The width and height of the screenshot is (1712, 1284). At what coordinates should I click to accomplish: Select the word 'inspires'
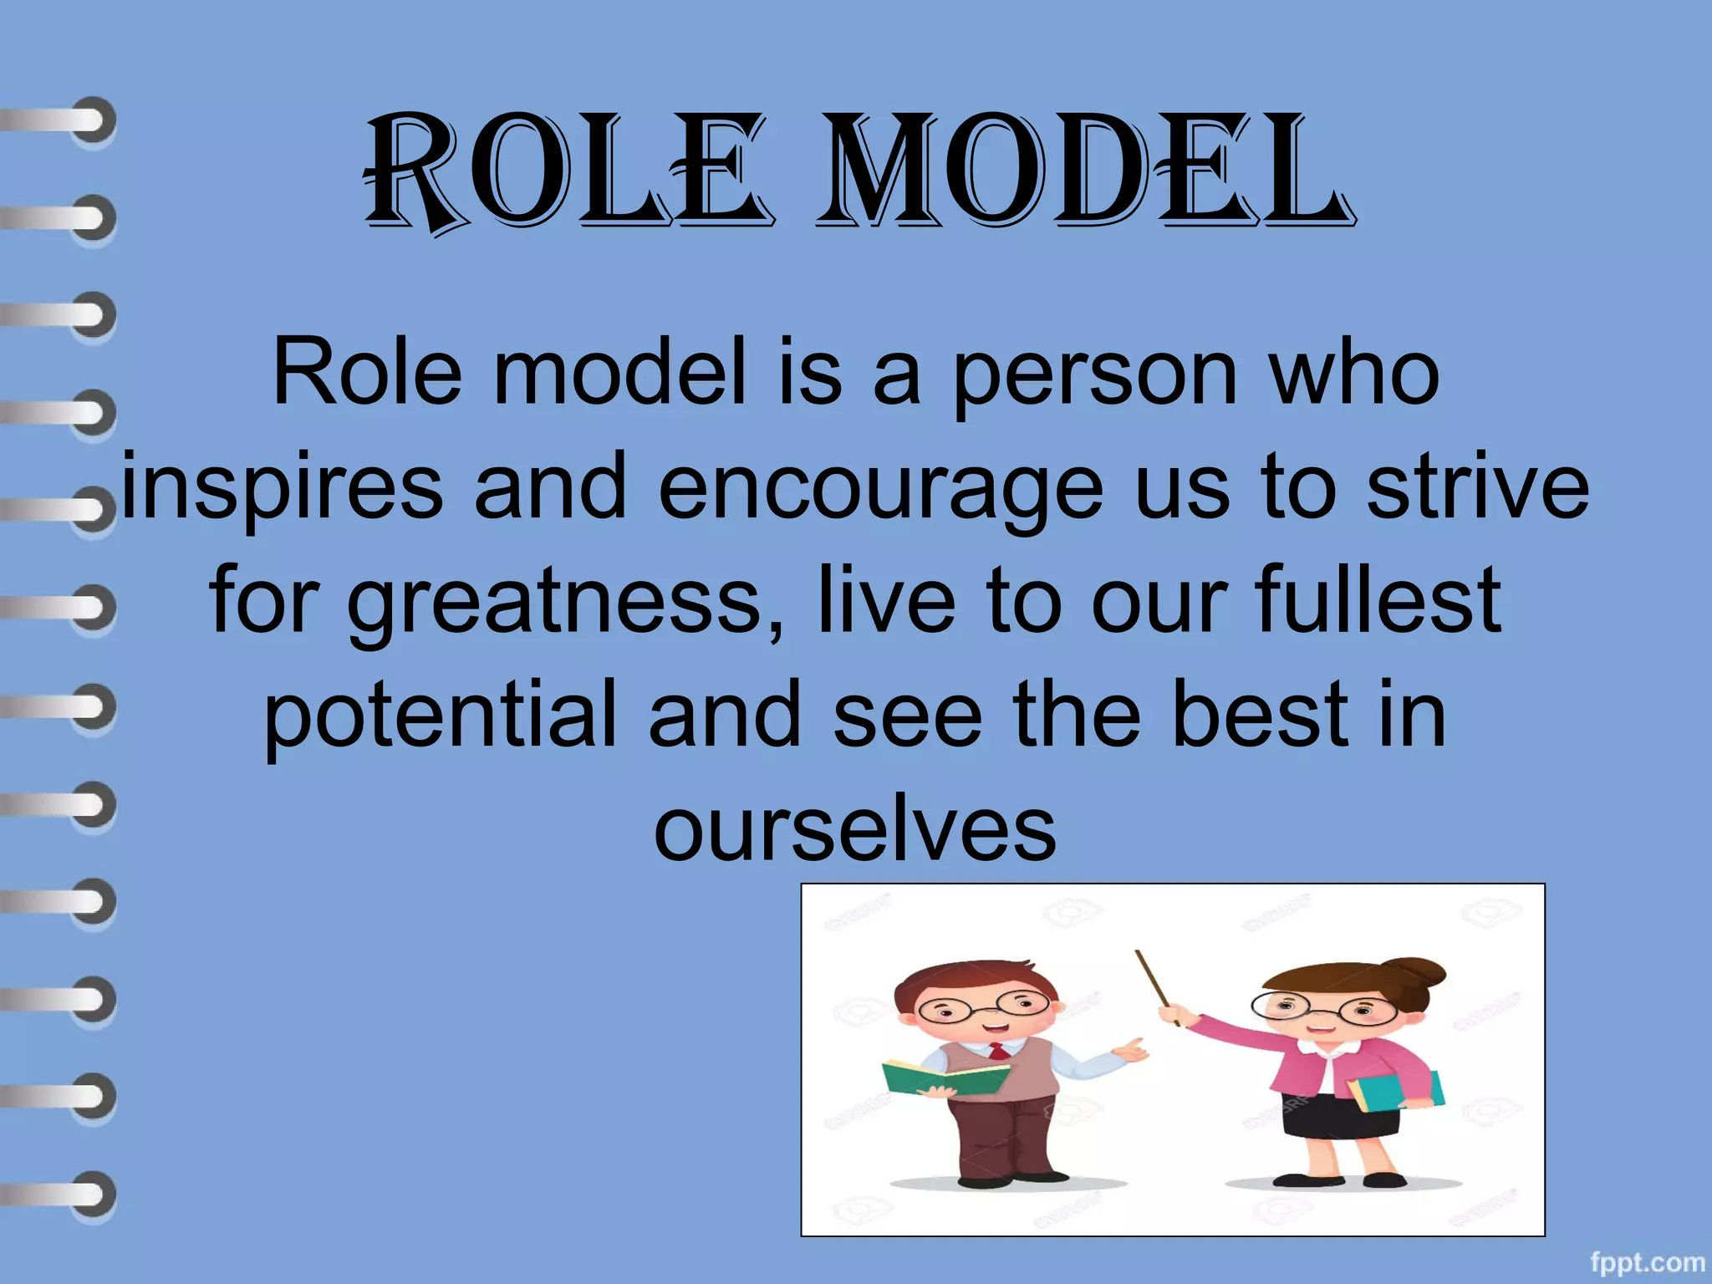[283, 489]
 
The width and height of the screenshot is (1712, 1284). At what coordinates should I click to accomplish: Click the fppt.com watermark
[1647, 1262]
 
